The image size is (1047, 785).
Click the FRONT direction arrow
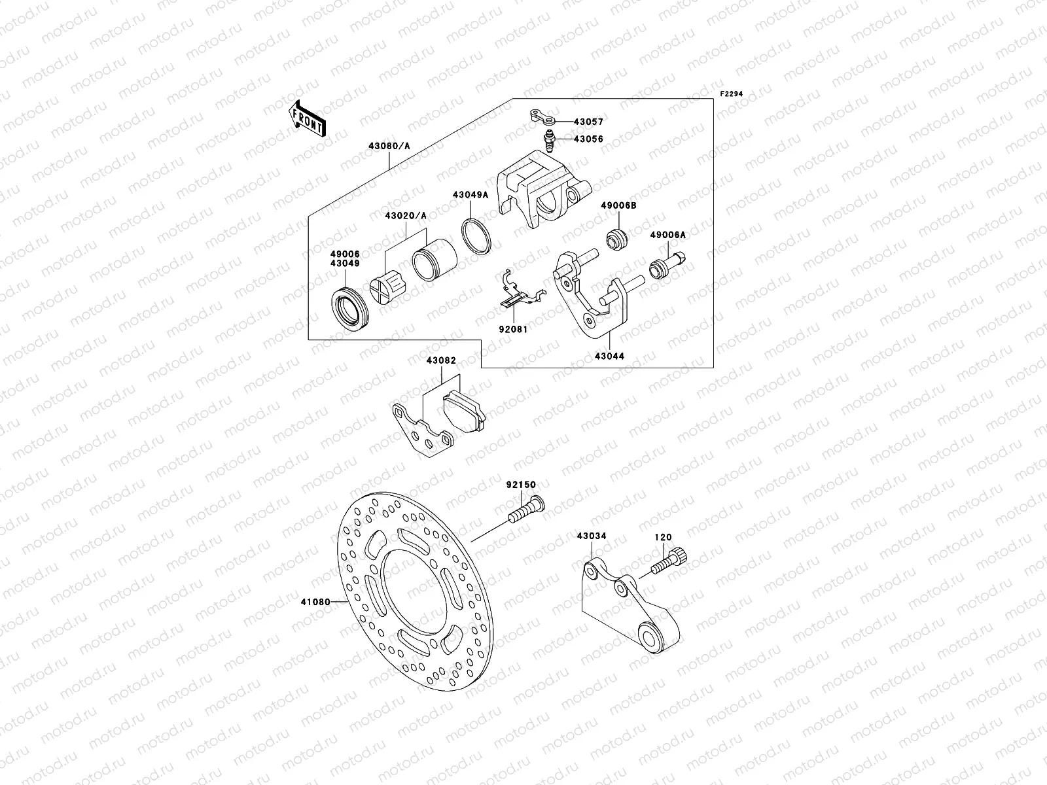[307, 118]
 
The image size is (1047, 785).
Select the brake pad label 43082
[441, 360]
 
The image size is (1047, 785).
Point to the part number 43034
[592, 536]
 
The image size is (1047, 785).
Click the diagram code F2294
[732, 94]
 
